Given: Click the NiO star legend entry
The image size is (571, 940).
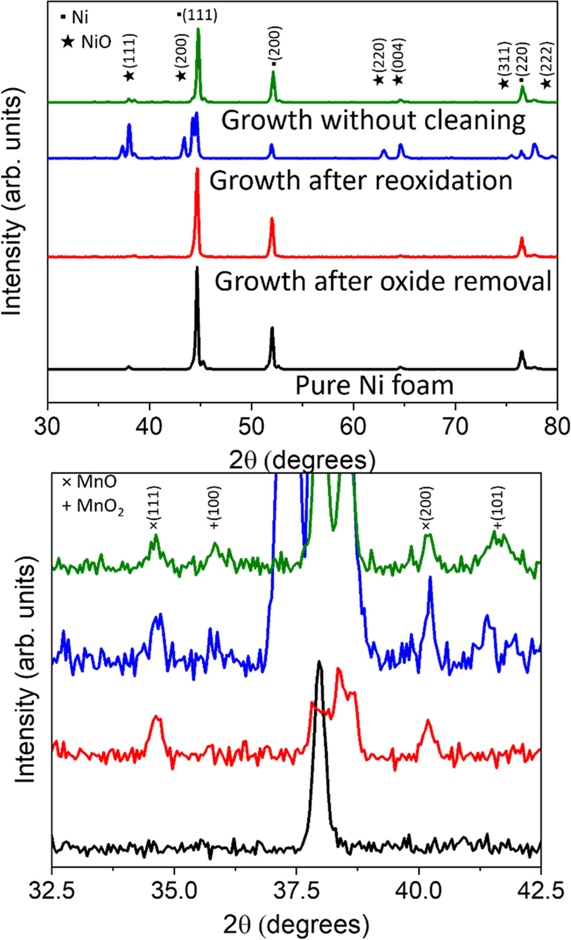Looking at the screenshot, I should click(86, 41).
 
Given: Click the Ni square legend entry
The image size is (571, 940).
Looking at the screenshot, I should click(75, 17).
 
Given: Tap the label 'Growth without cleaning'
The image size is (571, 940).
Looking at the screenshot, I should click(373, 121).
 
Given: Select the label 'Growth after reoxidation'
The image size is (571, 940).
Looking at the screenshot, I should click(360, 181).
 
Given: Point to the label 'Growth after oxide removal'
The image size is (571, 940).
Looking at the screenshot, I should click(383, 282).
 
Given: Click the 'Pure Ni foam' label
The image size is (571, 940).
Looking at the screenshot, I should click(374, 385).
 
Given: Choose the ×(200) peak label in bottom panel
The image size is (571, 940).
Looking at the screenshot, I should click(428, 508).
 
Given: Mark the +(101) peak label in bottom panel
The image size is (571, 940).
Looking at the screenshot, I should click(498, 508).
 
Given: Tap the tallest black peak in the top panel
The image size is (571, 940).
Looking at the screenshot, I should click(197, 267).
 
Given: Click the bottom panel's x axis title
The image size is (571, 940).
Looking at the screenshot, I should click(295, 925).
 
